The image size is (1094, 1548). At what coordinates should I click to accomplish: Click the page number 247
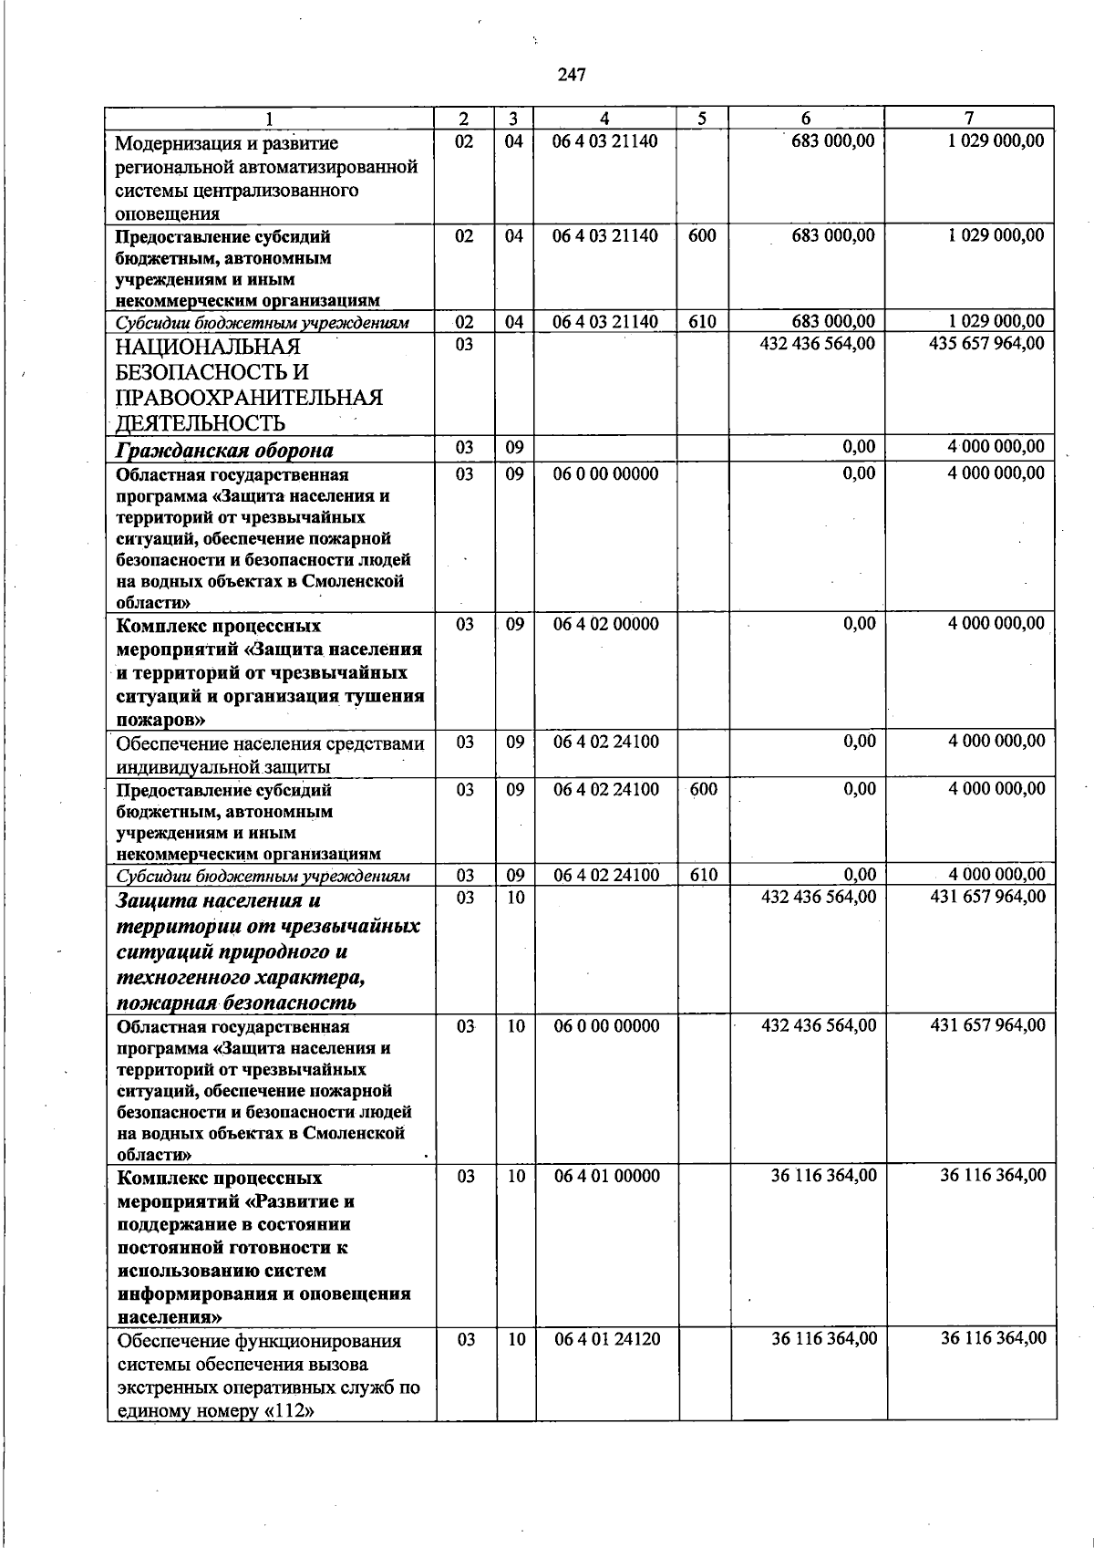pos(571,75)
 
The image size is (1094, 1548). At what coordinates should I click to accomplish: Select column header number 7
pos(969,119)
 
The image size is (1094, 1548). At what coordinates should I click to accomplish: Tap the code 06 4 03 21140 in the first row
pos(605,141)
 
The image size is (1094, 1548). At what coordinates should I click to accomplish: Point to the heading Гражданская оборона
pos(223,450)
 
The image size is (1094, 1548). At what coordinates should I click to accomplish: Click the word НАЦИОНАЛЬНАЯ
pos(208,348)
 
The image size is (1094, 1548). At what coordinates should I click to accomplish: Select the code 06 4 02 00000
pos(605,624)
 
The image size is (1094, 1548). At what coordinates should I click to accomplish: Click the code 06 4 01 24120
pos(606,1338)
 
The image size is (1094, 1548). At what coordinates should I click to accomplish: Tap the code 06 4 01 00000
pos(606,1176)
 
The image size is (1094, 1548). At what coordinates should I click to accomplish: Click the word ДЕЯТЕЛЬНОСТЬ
pos(201,423)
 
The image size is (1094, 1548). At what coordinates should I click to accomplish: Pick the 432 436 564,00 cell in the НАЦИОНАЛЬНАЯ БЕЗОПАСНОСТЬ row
pos(817,344)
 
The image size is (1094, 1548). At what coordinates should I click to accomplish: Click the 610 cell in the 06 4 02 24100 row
pos(704,875)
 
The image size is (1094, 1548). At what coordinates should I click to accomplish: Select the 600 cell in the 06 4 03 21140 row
pos(702,235)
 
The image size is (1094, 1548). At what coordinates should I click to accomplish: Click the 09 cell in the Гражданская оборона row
pos(514,447)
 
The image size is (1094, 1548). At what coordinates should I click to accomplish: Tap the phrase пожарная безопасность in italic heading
pos(236,1003)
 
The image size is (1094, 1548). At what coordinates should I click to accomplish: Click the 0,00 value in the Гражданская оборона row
pos(859,447)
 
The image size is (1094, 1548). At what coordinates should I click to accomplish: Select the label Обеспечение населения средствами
pos(271,743)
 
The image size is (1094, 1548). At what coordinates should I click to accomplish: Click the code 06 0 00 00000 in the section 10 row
pos(606,1025)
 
